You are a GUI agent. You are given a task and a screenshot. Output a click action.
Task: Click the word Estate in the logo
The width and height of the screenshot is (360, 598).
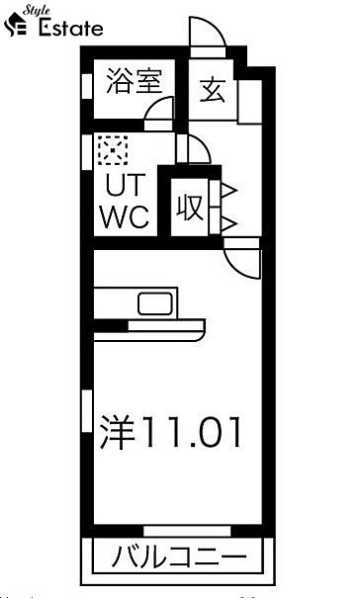tap(70, 28)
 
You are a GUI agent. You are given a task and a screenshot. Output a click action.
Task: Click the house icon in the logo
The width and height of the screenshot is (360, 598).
tap(19, 28)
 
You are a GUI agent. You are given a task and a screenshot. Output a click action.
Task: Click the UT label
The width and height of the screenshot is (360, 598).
tap(123, 185)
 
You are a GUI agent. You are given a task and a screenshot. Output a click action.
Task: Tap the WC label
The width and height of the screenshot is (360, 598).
tap(124, 216)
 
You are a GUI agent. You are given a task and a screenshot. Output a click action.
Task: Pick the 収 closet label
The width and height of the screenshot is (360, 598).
tap(190, 208)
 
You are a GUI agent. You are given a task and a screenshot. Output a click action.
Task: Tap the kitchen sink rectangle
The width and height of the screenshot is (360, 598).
tap(156, 302)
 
